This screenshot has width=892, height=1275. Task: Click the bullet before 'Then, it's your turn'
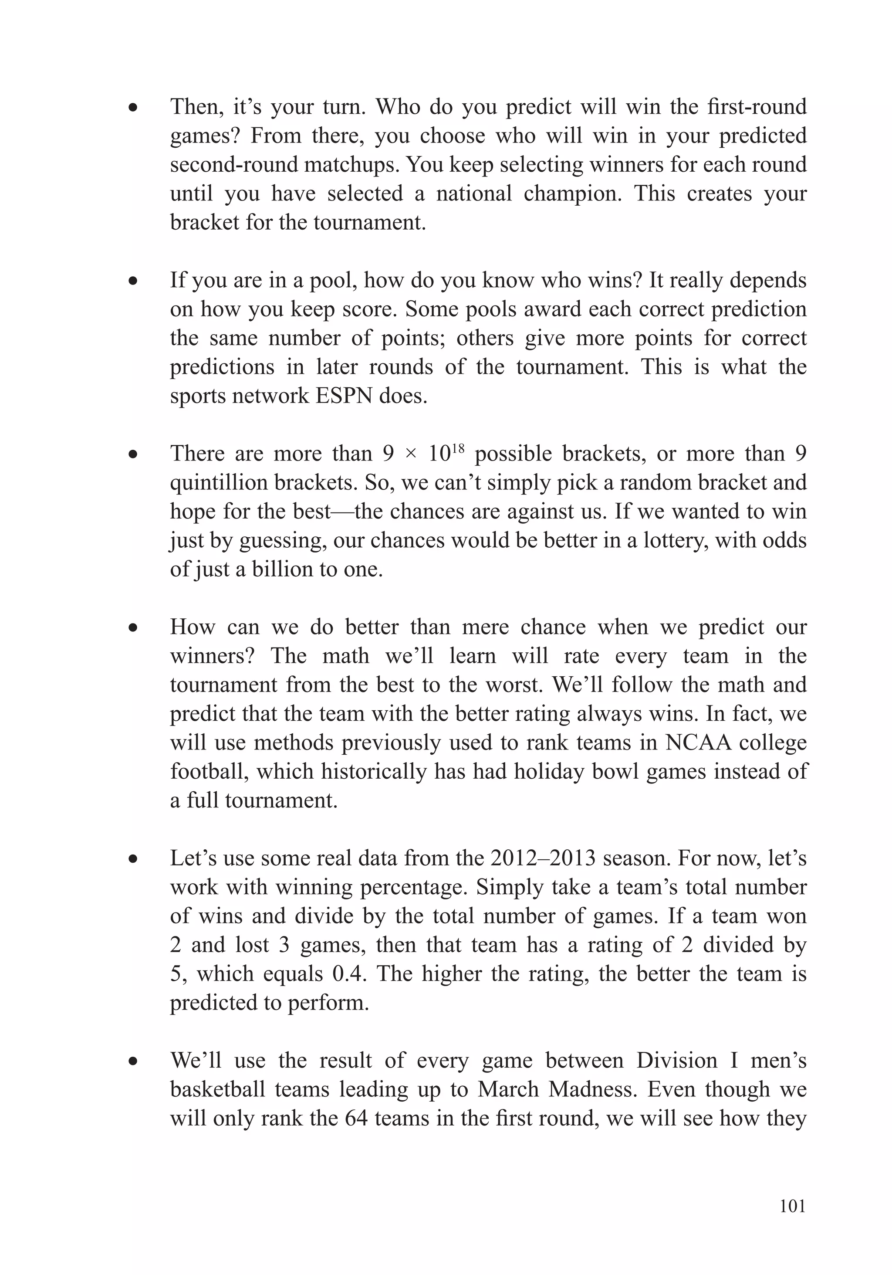133,108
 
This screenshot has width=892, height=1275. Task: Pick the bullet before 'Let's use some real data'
133,860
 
